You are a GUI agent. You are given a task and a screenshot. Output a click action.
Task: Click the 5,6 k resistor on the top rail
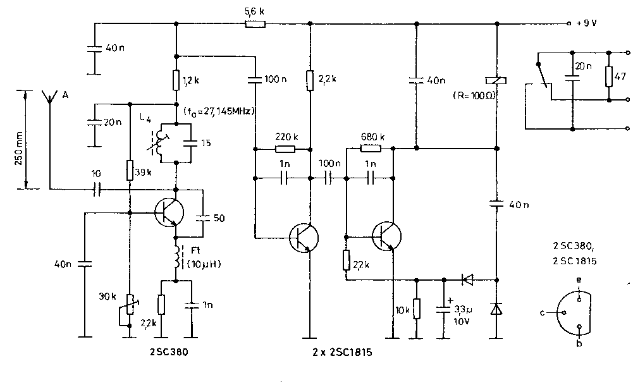[255, 24]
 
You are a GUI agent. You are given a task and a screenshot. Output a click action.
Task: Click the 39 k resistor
[129, 170]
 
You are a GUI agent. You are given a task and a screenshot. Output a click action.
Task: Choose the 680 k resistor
[370, 149]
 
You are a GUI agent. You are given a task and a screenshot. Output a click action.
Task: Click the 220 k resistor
[285, 150]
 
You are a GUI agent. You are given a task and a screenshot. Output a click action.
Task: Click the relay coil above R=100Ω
[496, 80]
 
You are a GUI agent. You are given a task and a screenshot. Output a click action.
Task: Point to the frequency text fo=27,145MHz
[219, 112]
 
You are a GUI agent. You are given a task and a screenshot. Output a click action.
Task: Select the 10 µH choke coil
[177, 255]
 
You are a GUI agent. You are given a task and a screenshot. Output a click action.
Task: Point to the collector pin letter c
[543, 313]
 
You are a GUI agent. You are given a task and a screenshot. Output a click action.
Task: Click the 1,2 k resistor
[177, 80]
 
